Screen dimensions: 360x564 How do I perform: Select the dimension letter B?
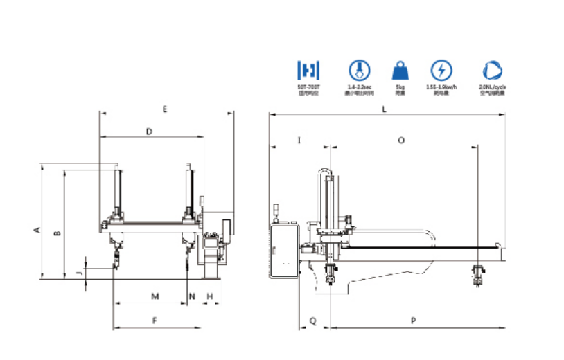coord(58,233)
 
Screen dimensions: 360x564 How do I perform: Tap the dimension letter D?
coord(149,131)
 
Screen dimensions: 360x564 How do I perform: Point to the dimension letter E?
coord(165,109)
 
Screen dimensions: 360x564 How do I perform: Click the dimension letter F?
coord(155,321)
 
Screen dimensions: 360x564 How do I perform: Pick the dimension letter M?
coord(155,296)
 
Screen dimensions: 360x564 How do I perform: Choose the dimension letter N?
coord(192,296)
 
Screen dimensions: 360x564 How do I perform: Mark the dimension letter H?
coord(209,296)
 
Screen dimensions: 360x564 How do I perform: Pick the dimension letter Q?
coord(313,321)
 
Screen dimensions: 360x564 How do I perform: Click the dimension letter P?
coord(414,321)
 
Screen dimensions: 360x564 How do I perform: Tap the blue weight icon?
coord(400,71)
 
